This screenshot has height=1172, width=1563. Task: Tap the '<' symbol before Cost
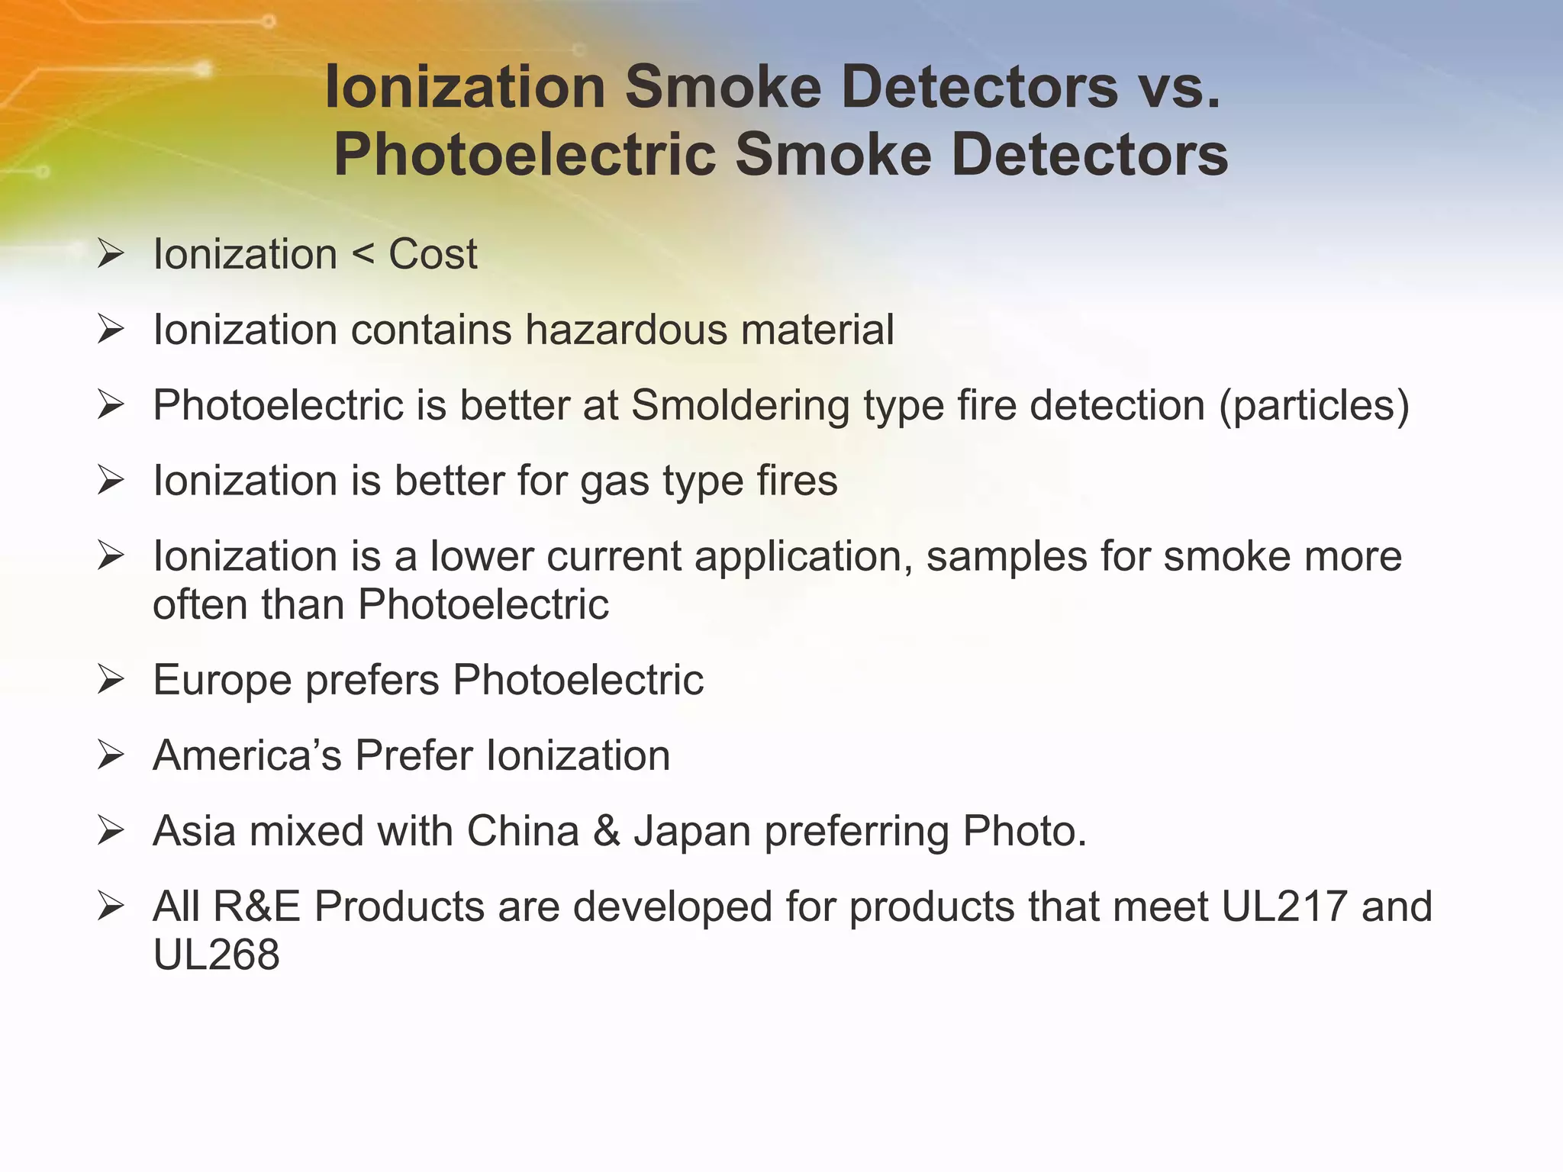click(x=363, y=254)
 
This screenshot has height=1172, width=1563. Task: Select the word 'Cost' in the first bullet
click(x=433, y=254)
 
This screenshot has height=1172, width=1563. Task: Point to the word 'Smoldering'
click(x=740, y=405)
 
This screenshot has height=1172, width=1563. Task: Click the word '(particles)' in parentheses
click(x=1313, y=405)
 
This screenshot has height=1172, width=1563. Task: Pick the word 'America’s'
click(x=247, y=755)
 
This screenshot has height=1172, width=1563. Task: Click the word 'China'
click(x=523, y=831)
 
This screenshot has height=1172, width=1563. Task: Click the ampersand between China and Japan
click(x=606, y=831)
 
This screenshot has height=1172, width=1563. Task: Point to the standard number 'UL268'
click(x=217, y=955)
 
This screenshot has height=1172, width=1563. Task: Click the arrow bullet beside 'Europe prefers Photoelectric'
click(x=111, y=680)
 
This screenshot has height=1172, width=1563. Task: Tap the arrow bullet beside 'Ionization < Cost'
click(x=111, y=254)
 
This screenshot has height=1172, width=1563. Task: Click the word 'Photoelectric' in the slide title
click(x=525, y=155)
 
